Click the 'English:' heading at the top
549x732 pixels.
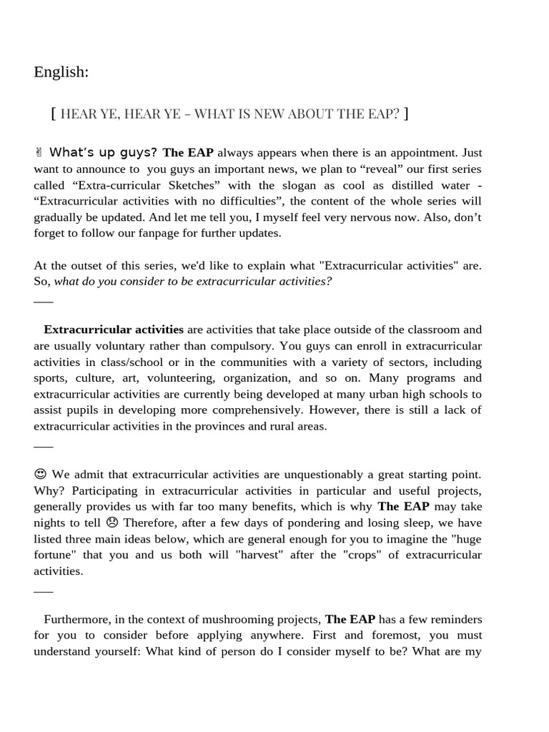pos(61,72)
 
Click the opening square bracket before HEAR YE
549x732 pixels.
pos(54,113)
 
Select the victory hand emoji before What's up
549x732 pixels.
pos(39,152)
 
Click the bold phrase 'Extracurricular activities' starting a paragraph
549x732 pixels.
pos(114,330)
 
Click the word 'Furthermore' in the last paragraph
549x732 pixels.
pos(77,619)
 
